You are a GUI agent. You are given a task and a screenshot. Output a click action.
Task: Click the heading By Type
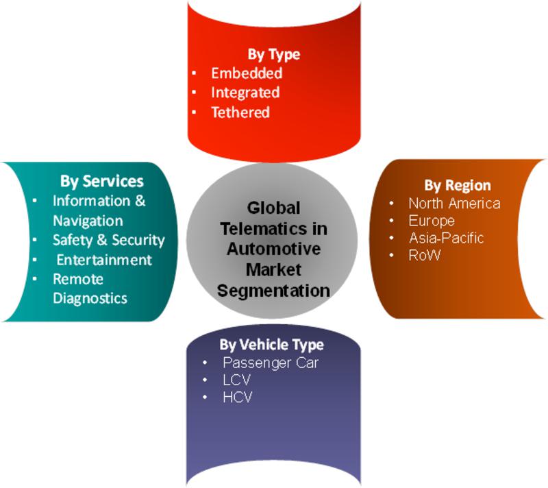(273, 55)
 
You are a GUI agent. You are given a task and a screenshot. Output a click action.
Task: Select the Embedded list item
(247, 73)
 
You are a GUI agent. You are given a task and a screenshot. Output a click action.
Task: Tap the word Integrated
(245, 93)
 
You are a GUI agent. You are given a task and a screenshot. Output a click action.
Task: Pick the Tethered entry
(240, 112)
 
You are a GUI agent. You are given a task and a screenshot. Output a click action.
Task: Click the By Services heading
(101, 181)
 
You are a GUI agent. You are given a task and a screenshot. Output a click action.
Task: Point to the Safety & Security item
(109, 240)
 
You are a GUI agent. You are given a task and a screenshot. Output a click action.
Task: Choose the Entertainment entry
(104, 260)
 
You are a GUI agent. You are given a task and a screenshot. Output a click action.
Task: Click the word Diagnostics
(90, 298)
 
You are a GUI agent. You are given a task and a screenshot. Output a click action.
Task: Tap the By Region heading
(458, 185)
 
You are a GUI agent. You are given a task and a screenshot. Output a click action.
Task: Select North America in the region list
(454, 203)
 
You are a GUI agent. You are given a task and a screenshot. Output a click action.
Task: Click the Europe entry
(432, 221)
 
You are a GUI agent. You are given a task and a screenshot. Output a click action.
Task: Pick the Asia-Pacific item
(447, 238)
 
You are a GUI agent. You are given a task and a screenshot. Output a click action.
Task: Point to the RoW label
(424, 255)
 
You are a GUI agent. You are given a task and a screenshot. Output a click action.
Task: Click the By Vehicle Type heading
(271, 345)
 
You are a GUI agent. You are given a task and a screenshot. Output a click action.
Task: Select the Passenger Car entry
(271, 363)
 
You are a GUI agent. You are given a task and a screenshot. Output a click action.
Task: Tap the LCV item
(236, 380)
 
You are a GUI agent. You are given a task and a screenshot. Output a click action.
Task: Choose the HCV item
(237, 397)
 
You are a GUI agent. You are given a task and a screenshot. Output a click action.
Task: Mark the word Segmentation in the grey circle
(273, 291)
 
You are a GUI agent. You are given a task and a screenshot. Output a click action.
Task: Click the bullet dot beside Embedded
(194, 73)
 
